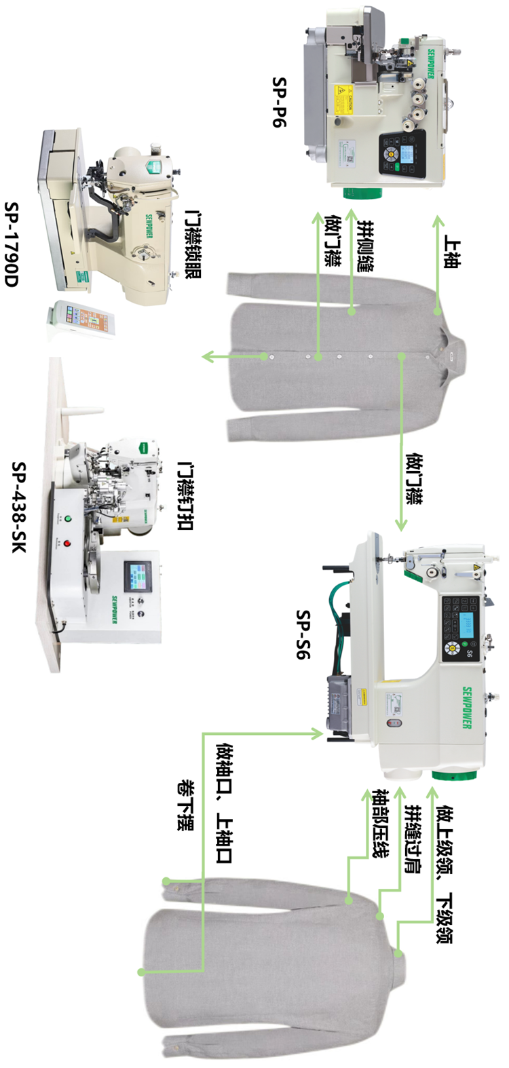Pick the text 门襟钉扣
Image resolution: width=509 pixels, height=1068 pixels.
pos(184,496)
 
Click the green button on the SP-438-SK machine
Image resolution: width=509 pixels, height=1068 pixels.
pos(67,519)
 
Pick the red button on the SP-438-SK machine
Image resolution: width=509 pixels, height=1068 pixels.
pos(67,543)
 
